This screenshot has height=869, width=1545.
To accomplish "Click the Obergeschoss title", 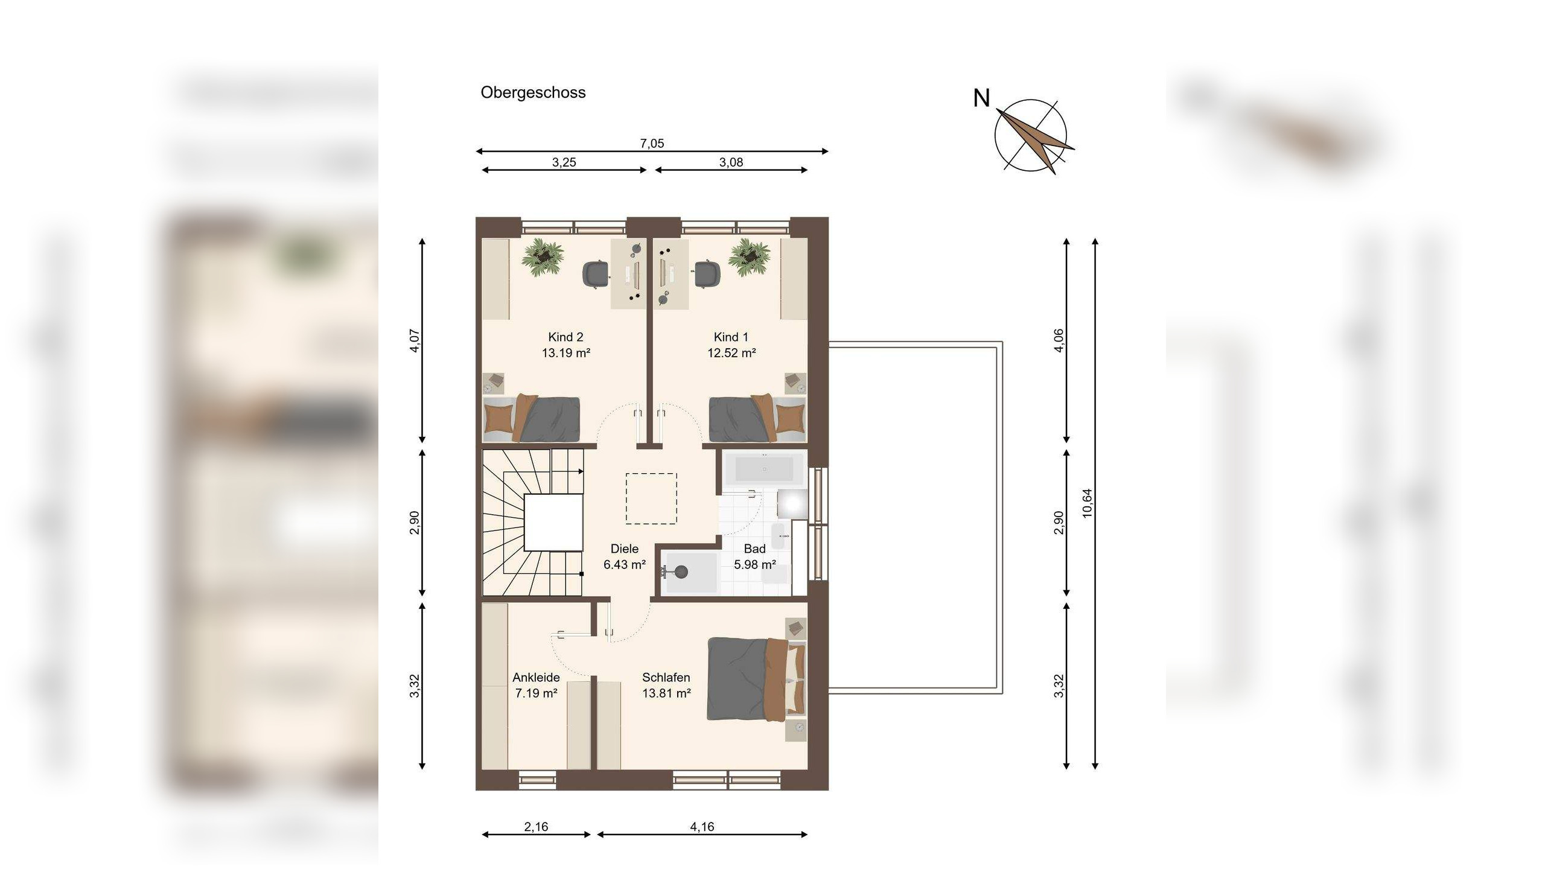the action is pyautogui.click(x=533, y=92).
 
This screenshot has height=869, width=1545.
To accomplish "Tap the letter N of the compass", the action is pyautogui.click(x=981, y=98).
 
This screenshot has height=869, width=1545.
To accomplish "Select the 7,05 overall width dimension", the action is pyautogui.click(x=652, y=144).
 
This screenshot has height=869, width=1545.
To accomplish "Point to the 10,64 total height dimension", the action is pyautogui.click(x=1088, y=503).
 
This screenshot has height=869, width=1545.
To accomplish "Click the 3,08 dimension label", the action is pyautogui.click(x=731, y=162).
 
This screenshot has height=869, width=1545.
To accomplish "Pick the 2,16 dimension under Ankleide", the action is pyautogui.click(x=536, y=827).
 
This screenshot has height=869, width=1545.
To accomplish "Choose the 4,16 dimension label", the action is pyautogui.click(x=702, y=827).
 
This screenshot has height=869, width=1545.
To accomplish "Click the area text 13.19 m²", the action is pyautogui.click(x=565, y=353).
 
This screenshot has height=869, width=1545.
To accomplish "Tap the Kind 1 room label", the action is pyautogui.click(x=731, y=337).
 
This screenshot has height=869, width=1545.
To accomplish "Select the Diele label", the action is pyautogui.click(x=625, y=549).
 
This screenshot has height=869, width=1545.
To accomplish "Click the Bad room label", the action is pyautogui.click(x=754, y=549).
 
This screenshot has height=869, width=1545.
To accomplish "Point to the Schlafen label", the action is pyautogui.click(x=666, y=677).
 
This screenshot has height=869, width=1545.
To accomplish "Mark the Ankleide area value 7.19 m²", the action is pyautogui.click(x=536, y=693).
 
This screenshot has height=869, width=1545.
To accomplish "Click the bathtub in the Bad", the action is pyautogui.click(x=765, y=469).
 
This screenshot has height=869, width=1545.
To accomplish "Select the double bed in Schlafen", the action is pyautogui.click(x=757, y=679).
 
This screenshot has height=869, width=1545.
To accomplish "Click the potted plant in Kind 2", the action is pyautogui.click(x=543, y=258).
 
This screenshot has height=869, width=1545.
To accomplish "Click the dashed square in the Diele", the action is pyautogui.click(x=651, y=498).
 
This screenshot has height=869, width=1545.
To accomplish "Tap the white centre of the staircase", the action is pyautogui.click(x=553, y=523).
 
